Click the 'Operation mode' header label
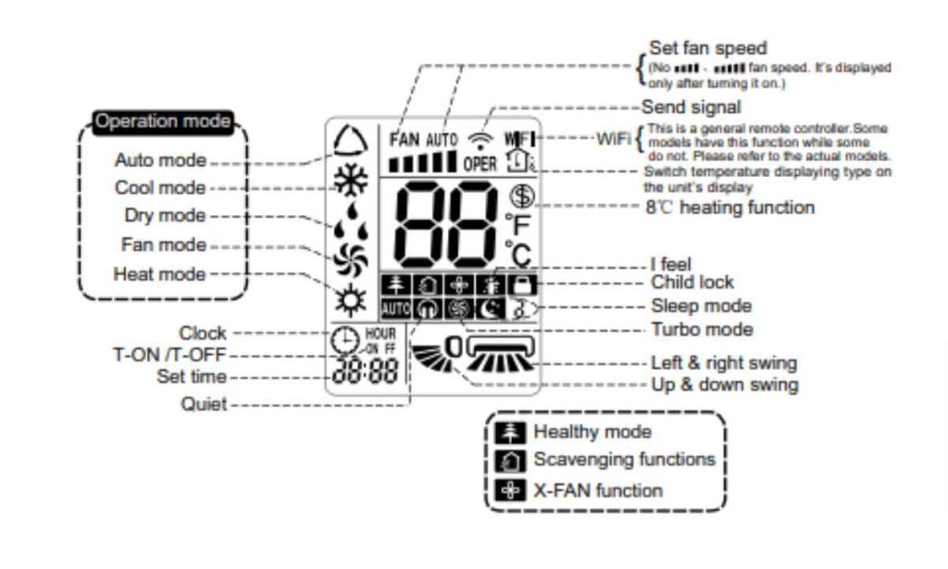click(163, 121)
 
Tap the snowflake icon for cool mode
click(351, 181)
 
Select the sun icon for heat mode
click(351, 299)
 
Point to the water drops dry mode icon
click(351, 225)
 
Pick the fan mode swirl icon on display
click(351, 262)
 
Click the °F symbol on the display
click(518, 224)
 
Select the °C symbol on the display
click(518, 254)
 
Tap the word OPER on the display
click(480, 165)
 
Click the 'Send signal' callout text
click(691, 107)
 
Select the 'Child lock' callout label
click(692, 283)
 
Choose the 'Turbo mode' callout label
click(702, 330)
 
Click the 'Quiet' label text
click(205, 405)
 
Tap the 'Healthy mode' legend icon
click(510, 432)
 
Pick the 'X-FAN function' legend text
click(598, 490)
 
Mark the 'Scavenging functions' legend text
click(624, 460)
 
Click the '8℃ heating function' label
click(730, 208)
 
